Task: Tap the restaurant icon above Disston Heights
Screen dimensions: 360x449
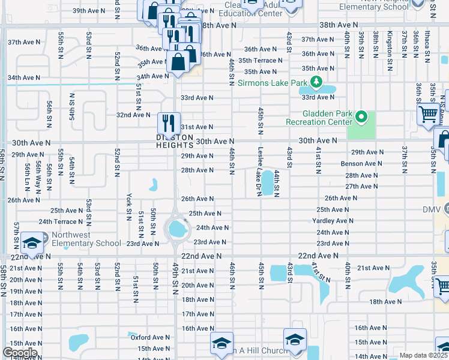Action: pos(169,123)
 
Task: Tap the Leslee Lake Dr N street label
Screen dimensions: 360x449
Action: pos(260,172)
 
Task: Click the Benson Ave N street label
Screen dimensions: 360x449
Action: pos(360,163)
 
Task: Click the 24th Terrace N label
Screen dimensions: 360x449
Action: pos(61,222)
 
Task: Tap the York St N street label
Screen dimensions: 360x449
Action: pos(128,204)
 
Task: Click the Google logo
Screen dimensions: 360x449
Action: pos(19,353)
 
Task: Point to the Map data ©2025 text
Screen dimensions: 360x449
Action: pos(423,355)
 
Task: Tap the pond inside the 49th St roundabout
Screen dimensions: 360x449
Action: pos(177,228)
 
